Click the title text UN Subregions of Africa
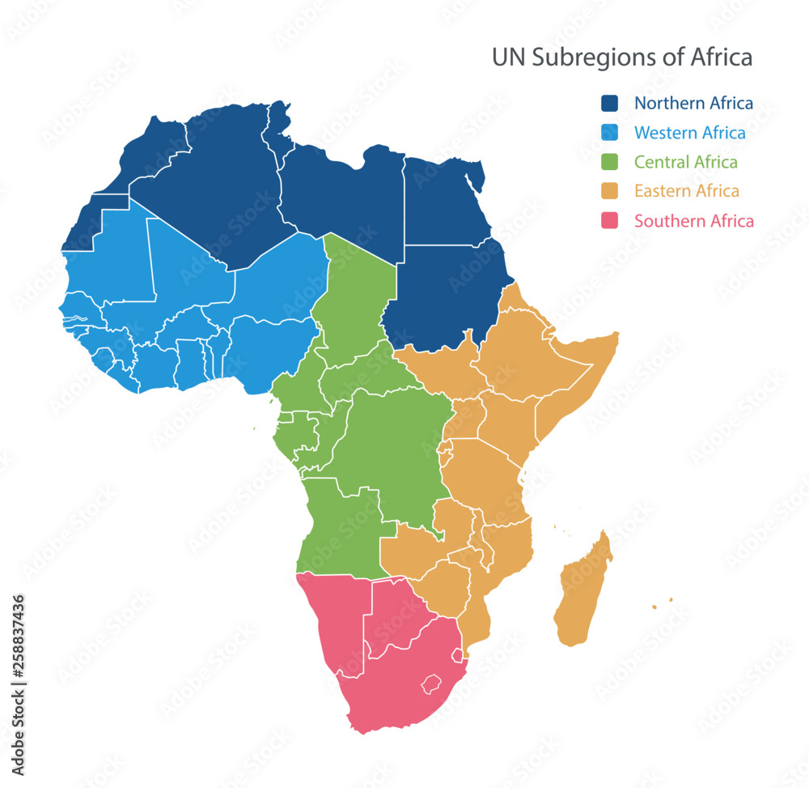pyautogui.click(x=622, y=58)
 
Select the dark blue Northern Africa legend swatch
pyautogui.click(x=609, y=104)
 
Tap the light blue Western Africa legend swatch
pyautogui.click(x=609, y=133)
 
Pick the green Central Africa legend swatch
pyautogui.click(x=609, y=162)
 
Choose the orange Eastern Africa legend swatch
pyautogui.click(x=609, y=191)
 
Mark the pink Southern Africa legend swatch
pyautogui.click(x=609, y=220)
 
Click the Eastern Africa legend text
pyautogui.click(x=686, y=191)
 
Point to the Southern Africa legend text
pyautogui.click(x=693, y=220)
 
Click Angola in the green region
pyautogui.click(x=340, y=526)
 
